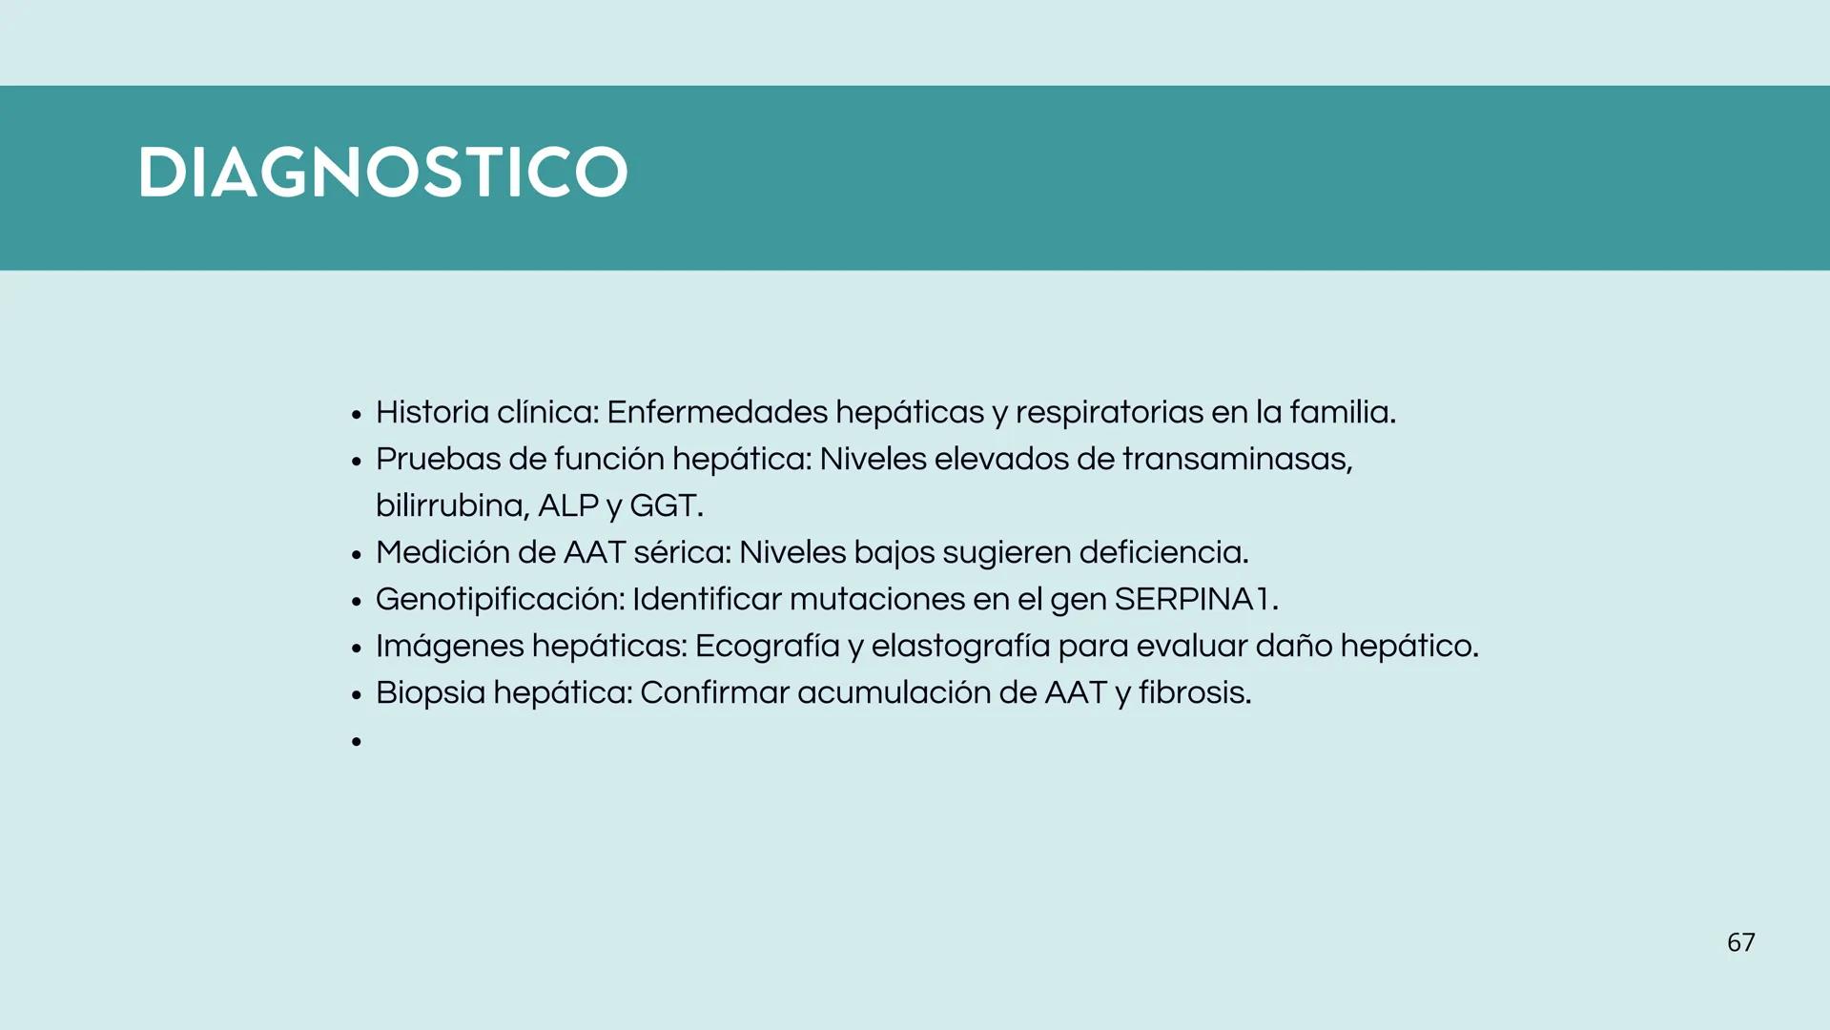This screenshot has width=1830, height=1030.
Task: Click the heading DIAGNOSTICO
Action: [x=382, y=173]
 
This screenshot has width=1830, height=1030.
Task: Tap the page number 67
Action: [x=1740, y=942]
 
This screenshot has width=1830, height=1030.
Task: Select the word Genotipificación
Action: [x=500, y=600]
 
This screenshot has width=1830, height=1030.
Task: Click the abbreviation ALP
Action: [x=568, y=505]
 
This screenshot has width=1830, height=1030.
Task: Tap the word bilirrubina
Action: [x=451, y=505]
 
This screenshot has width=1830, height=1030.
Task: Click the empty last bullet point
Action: [x=357, y=741]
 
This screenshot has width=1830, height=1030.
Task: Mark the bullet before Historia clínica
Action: [x=357, y=415]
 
